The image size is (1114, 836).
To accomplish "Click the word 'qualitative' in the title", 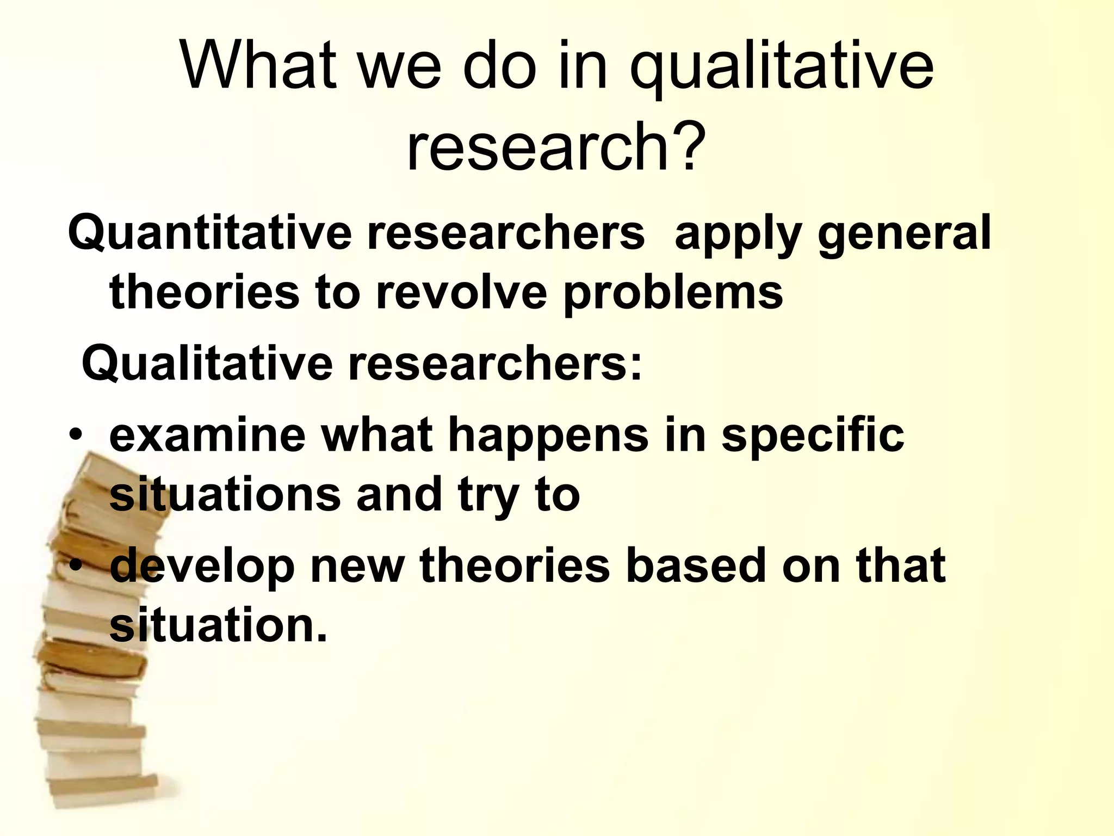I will tap(781, 68).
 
